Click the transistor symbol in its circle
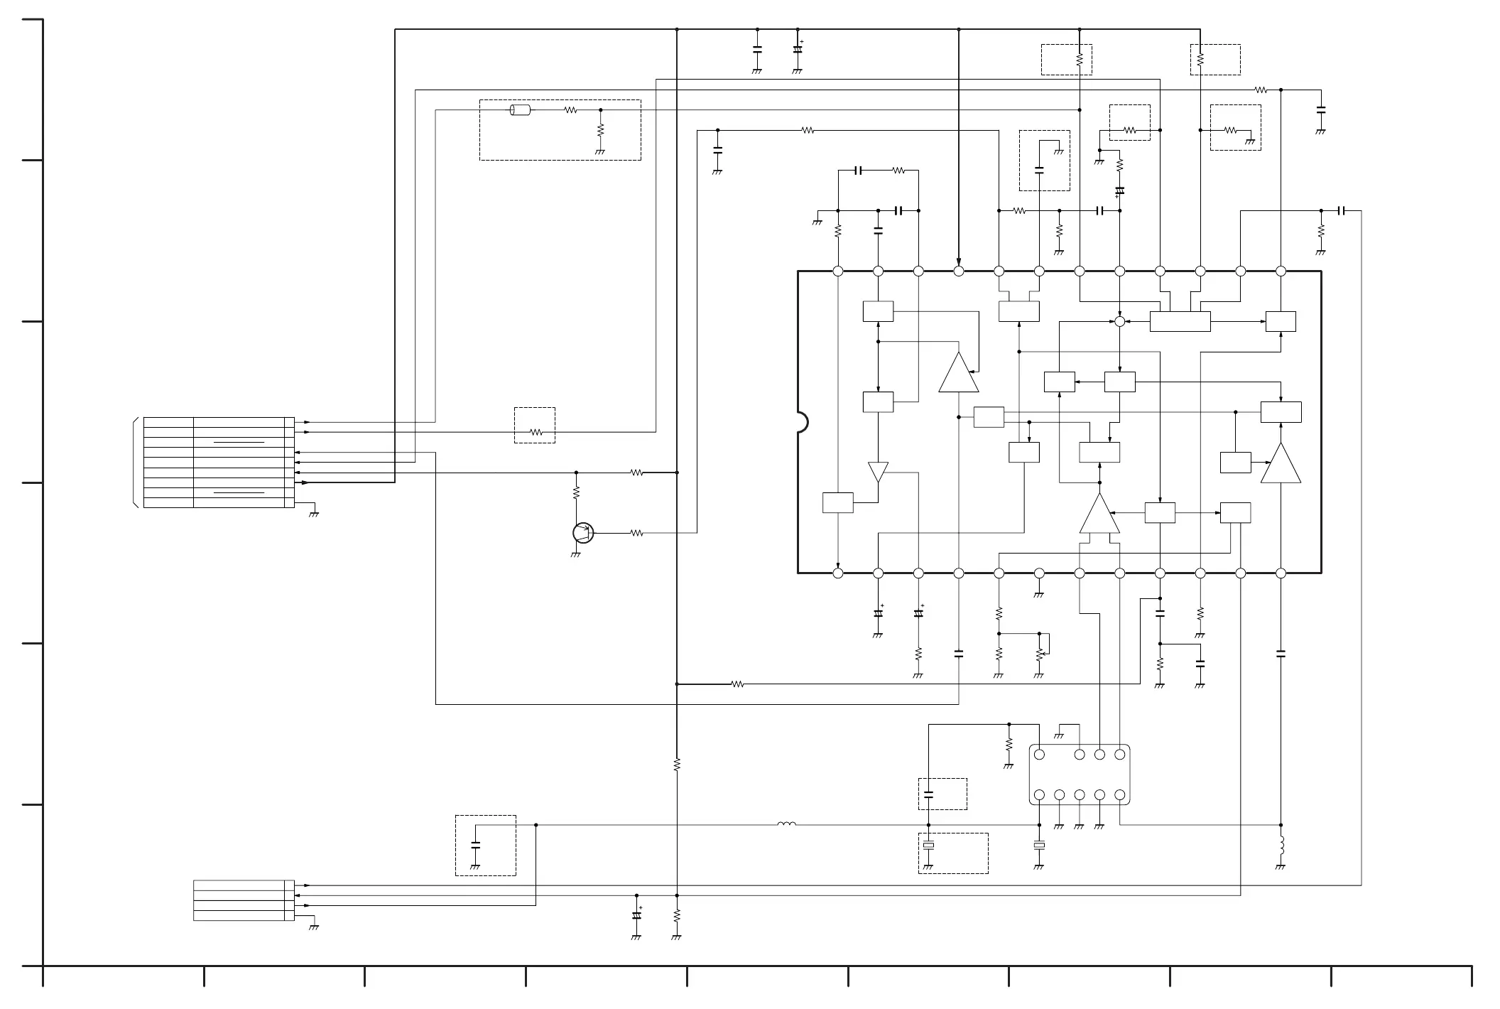(582, 532)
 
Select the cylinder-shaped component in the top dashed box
(521, 110)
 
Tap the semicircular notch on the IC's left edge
(803, 422)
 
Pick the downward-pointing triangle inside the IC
(878, 472)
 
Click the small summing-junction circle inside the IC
(1119, 321)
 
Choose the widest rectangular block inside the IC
(1180, 321)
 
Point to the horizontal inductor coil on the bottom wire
(786, 824)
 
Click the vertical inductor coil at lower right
(1281, 846)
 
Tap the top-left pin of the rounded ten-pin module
(1039, 755)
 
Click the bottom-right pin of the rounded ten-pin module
(1119, 794)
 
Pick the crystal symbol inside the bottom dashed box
(928, 846)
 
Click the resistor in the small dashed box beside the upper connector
(536, 432)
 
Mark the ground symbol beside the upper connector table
(313, 513)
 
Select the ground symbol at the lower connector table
(313, 927)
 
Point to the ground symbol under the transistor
(575, 554)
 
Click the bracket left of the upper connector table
(135, 463)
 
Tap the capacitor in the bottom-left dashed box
(475, 845)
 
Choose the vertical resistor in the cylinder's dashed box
(600, 131)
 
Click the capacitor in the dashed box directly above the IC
(1039, 170)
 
